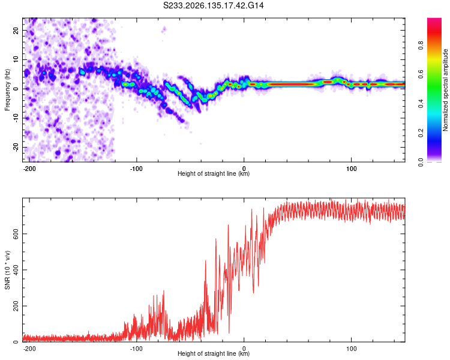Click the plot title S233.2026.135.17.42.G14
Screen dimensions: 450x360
(x=213, y=5)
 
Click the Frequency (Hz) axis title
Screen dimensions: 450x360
(x=7, y=90)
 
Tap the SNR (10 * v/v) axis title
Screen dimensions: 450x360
(x=7, y=270)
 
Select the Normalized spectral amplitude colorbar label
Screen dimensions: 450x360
(x=445, y=90)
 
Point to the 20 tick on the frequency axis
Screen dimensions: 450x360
(x=16, y=30)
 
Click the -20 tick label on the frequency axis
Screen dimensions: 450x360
(x=16, y=147)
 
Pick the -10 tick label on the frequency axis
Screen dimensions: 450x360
(x=16, y=118)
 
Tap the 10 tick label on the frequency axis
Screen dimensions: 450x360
(x=16, y=59)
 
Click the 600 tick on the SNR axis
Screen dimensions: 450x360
(x=16, y=234)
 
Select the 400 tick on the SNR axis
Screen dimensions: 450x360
(x=16, y=270)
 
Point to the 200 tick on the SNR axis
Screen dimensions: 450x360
(x=16, y=306)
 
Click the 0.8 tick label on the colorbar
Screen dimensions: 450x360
(x=421, y=45)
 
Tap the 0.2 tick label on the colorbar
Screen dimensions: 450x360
(x=421, y=133)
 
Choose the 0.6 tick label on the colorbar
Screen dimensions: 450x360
(x=421, y=74)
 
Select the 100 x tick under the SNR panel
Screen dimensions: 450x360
(x=351, y=349)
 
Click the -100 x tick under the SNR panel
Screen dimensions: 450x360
(x=136, y=349)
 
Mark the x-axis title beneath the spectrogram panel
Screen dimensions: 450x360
(x=214, y=173)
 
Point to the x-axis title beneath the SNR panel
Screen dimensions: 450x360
(x=214, y=353)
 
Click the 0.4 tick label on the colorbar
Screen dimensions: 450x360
(x=421, y=104)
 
